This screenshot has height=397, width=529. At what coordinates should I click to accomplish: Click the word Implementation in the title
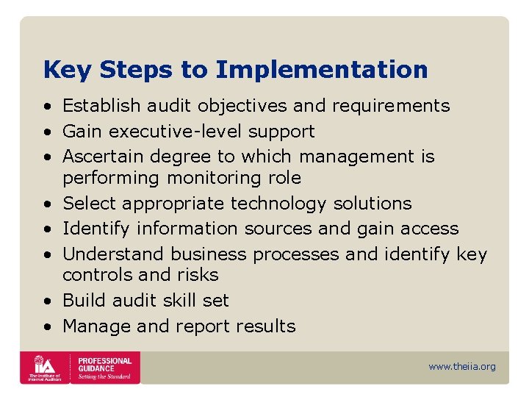tap(322, 70)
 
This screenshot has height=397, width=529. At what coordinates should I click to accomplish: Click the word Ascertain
tap(102, 157)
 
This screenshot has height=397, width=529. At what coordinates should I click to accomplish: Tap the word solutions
tap(373, 204)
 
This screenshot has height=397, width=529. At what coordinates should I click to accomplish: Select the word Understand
tap(113, 254)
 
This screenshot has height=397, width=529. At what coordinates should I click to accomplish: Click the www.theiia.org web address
tap(462, 367)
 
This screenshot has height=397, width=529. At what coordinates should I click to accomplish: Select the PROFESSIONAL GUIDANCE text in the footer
tap(104, 365)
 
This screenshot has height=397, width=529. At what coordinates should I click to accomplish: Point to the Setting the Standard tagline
tap(105, 376)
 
